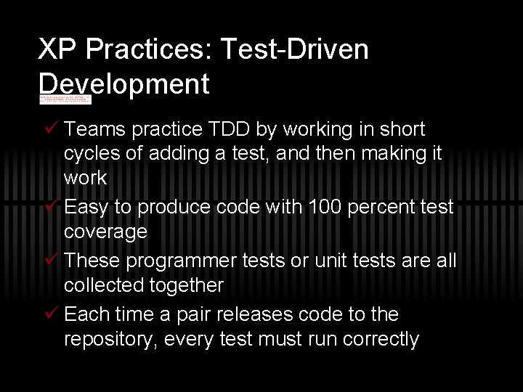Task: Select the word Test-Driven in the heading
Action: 293,50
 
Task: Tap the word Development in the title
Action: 124,84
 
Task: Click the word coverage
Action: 106,232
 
